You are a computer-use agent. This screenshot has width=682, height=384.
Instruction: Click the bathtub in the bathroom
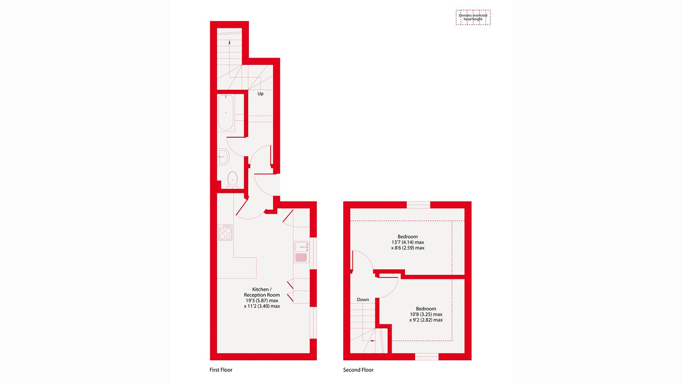226,113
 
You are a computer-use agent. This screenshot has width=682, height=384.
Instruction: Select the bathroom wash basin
223,157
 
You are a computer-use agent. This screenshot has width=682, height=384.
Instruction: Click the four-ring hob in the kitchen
225,233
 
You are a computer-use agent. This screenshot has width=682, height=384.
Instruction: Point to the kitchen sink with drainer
301,252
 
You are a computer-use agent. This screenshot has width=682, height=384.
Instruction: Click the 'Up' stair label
260,94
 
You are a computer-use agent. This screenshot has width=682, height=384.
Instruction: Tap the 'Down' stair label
363,300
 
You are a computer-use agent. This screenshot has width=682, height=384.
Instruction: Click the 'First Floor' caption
221,370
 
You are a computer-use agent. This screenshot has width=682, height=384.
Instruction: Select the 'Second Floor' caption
358,370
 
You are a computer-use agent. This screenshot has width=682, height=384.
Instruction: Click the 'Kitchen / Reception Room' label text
262,292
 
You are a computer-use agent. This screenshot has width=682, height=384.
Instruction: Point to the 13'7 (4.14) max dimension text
408,242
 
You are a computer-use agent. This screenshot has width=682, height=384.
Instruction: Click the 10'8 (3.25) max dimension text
426,314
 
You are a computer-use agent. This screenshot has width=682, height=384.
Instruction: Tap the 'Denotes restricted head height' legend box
473,17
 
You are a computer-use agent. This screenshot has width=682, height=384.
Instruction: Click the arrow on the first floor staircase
229,43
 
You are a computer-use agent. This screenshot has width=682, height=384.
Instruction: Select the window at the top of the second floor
418,205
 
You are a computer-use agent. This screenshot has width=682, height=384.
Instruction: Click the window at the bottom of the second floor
427,357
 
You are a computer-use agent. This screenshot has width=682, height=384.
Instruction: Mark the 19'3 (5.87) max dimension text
262,300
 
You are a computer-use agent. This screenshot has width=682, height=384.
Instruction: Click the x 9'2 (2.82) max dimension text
426,320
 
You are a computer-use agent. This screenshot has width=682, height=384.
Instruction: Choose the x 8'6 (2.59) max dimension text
408,248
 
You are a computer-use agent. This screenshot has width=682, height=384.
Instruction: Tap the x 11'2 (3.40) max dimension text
262,306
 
